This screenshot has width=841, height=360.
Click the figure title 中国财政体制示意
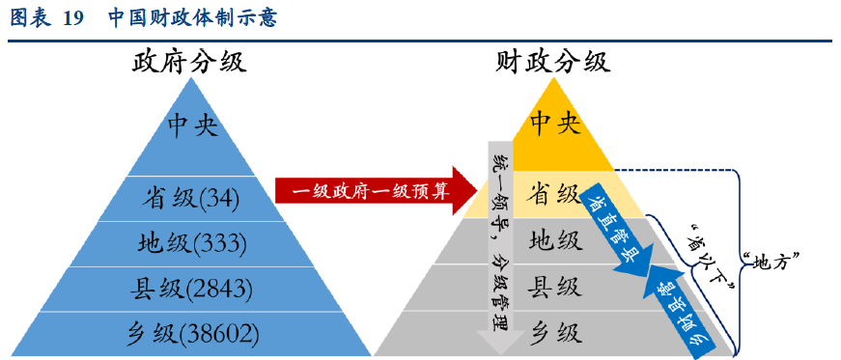pos(192,18)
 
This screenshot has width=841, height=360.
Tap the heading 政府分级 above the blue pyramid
pos(189,63)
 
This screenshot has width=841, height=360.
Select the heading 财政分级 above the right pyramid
pos(553,63)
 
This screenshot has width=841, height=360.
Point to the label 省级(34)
pos(190,198)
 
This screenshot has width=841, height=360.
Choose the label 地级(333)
pos(192,242)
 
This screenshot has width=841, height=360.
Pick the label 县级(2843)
pos(192,287)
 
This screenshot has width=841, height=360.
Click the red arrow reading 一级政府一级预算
pos(371,191)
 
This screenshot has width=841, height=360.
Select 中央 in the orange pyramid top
pos(555,123)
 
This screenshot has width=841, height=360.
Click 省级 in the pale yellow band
pos(554,193)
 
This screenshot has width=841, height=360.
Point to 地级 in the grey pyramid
pos(554,239)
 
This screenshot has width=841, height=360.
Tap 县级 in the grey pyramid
pos(554,286)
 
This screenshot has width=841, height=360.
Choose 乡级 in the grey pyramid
pos(554,333)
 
